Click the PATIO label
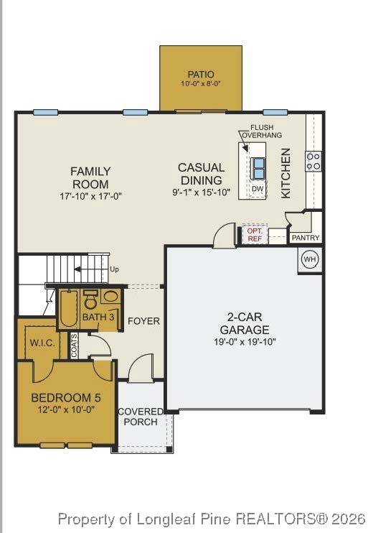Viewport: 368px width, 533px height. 201,74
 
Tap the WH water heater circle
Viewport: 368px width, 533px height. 309,259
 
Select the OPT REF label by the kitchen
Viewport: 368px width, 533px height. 255,234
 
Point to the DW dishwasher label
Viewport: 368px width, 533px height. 258,189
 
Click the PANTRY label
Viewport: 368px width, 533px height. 306,238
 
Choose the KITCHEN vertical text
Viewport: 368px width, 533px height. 286,173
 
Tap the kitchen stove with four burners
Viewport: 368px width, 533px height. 313,161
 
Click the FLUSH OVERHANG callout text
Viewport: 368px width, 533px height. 261,131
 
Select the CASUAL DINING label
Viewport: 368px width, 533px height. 201,173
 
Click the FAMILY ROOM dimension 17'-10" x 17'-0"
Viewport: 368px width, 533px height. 90,195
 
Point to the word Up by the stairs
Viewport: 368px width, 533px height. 114,269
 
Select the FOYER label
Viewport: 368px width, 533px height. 143,320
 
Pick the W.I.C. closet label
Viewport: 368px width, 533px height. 42,343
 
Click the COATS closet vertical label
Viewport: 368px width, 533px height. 75,346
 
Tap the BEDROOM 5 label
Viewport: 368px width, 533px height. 66,397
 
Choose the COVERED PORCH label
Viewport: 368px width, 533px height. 141,417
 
